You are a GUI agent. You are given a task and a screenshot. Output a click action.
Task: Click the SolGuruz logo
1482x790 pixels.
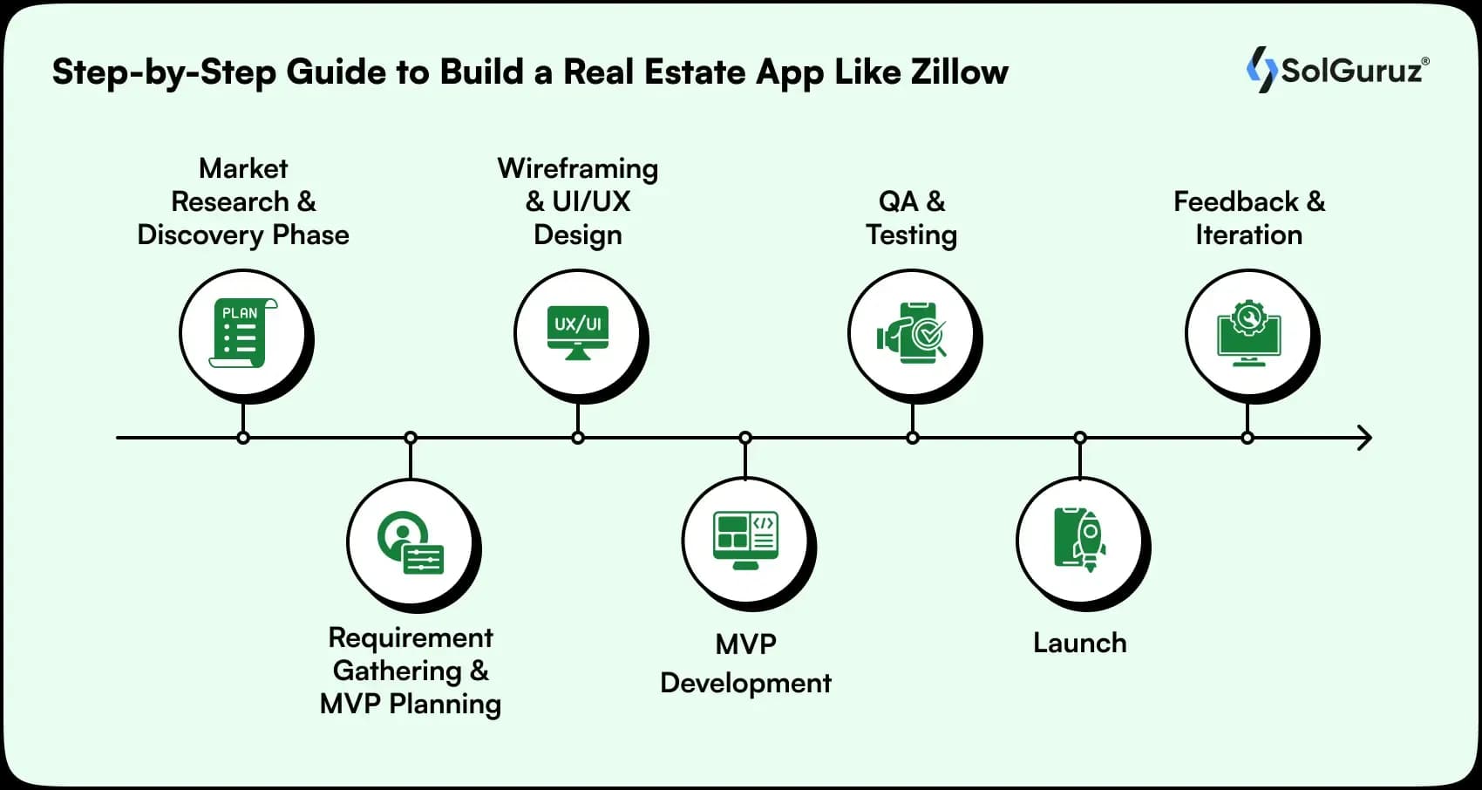1338,70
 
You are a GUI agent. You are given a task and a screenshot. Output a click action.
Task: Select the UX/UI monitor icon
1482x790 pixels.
578,331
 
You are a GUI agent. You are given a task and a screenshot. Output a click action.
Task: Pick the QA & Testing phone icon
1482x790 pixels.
912,333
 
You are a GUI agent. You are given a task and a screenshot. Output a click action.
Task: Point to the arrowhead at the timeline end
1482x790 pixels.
1365,438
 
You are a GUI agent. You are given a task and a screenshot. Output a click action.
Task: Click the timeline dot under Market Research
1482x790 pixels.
243,438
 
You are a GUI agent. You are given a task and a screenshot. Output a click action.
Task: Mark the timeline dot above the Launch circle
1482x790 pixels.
1080,438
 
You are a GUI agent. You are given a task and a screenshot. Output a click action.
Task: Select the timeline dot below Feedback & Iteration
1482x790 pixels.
1247,438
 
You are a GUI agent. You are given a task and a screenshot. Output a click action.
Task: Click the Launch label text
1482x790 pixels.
1079,644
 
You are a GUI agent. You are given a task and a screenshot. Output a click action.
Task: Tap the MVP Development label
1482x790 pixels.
745,664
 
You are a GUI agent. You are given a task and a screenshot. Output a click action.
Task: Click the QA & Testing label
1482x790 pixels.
912,218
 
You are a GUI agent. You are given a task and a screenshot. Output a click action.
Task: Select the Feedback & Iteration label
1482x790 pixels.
1248,218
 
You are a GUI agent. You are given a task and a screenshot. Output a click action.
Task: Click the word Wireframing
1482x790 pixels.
578,168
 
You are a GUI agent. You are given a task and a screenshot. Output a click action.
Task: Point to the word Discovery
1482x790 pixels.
201,235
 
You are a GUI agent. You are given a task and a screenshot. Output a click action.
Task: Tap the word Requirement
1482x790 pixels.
411,637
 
